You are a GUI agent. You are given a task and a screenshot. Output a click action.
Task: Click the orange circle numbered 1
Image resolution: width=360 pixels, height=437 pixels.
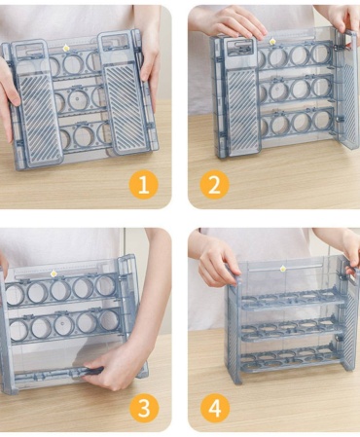click(x=144, y=185)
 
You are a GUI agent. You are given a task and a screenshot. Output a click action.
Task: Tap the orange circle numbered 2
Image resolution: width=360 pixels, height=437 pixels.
click(x=214, y=185)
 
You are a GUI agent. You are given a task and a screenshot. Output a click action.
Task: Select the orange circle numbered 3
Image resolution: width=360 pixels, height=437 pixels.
click(x=144, y=408)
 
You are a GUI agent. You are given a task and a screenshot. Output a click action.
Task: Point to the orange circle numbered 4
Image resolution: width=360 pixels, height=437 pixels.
click(x=215, y=408)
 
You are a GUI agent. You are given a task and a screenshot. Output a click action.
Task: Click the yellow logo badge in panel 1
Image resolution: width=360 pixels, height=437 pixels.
click(x=66, y=48)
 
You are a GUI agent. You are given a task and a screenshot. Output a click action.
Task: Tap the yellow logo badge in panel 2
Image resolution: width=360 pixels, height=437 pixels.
click(x=271, y=41)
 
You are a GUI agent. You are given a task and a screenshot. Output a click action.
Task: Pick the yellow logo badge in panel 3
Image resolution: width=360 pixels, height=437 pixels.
click(x=53, y=273)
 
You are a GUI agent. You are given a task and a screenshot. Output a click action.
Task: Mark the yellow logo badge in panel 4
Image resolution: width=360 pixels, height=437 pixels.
click(x=283, y=269)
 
